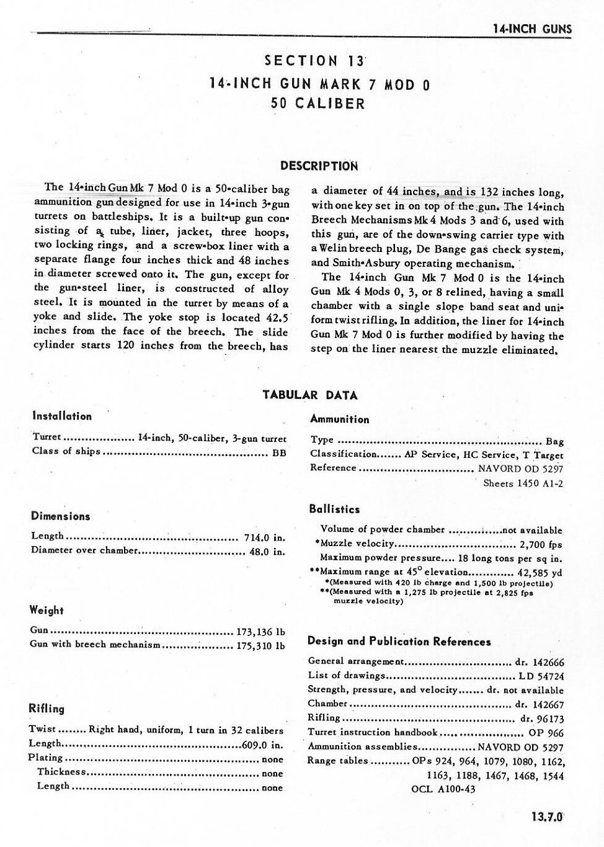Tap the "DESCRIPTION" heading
point(319,166)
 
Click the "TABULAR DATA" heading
point(310,395)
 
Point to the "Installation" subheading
point(62,416)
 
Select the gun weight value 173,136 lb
point(260,632)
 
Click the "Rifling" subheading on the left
point(47,709)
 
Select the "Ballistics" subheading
point(334,509)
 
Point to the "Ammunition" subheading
point(339,419)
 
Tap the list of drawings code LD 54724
point(540,676)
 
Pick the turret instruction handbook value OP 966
point(546,733)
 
